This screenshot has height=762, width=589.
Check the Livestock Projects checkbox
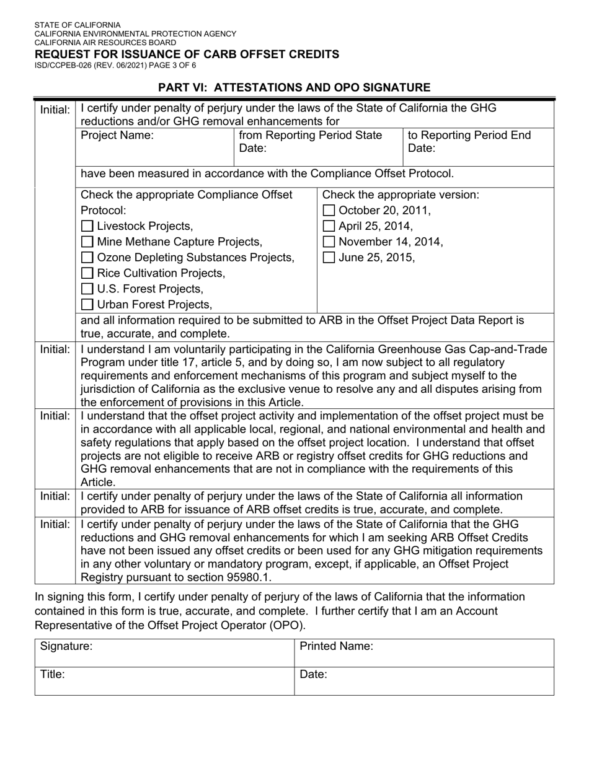pos(88,226)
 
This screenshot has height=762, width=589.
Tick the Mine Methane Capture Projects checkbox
pos(88,242)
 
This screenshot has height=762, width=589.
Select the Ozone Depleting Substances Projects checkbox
pos(88,257)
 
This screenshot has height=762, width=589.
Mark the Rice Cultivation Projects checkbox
pos(88,273)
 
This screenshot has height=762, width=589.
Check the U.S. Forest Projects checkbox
pos(88,289)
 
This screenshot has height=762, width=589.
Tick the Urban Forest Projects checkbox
pos(88,304)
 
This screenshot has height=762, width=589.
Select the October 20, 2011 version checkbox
pos(329,211)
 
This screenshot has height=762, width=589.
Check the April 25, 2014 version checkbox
pos(329,226)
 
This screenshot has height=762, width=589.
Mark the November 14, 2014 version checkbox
pos(329,242)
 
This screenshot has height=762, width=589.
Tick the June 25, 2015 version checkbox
pos(329,257)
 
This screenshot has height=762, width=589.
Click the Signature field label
pos(66,647)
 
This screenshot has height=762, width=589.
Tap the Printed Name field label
pos(336,647)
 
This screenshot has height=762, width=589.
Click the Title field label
pos(53,675)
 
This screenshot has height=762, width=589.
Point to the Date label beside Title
pos(313,675)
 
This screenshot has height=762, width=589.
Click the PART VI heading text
pos(294,87)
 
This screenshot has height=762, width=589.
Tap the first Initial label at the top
pos(55,110)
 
